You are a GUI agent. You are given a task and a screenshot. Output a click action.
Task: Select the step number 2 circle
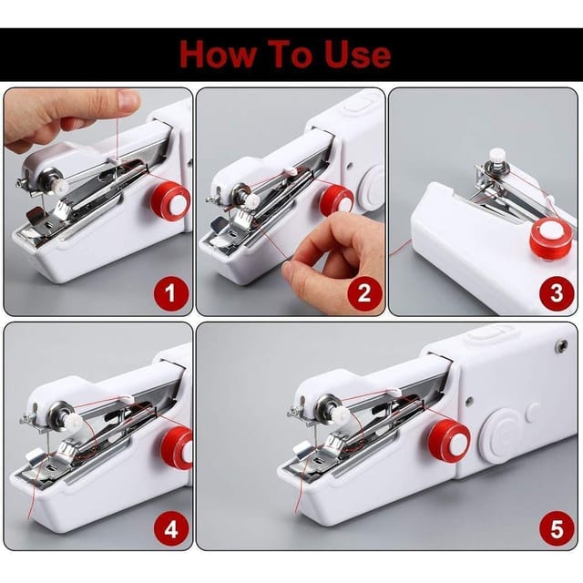click(x=364, y=294)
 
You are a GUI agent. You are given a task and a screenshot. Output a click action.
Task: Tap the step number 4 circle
click(x=173, y=527)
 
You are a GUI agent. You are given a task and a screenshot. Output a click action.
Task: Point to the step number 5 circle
click(x=555, y=527)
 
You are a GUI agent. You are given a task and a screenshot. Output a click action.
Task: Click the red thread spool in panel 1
click(x=170, y=200)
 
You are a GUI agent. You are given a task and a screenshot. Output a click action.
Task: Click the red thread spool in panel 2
click(x=336, y=199)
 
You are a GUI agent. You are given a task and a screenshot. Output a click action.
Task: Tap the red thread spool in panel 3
click(x=550, y=239)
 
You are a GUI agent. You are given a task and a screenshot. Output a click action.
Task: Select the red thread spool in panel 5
click(x=449, y=442)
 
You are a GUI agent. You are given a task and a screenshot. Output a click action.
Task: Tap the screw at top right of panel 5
click(x=561, y=346)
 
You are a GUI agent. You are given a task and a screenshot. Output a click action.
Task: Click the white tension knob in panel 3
click(x=496, y=157)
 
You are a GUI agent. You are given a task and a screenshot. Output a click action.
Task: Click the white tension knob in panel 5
click(x=339, y=415)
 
